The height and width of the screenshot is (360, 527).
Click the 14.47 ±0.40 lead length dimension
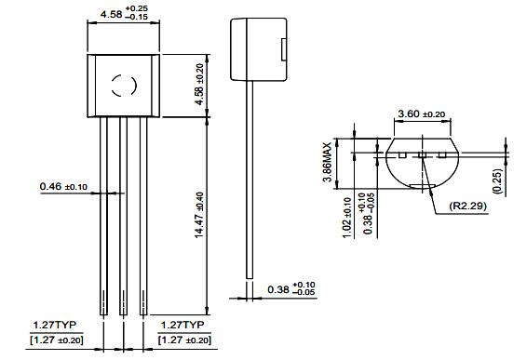click(199, 215)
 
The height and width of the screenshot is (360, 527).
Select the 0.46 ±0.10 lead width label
click(63, 186)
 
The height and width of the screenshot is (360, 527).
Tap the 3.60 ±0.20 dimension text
click(422, 113)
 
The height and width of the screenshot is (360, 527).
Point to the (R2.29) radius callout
click(468, 206)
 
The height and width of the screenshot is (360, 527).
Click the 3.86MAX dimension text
click(327, 162)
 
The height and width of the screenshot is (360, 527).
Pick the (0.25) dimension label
click(497, 181)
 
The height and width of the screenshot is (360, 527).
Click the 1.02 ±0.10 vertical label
click(347, 218)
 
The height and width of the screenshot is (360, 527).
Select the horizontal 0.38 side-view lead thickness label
click(291, 289)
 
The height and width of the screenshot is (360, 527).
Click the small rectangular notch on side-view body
click(284, 49)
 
